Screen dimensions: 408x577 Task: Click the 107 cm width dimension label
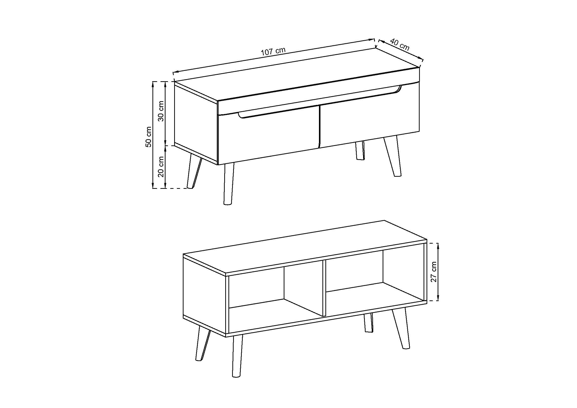click(273, 51)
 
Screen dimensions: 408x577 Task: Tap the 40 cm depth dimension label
click(400, 44)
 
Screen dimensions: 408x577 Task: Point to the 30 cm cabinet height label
click(161, 111)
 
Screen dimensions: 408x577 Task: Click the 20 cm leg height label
click(161, 166)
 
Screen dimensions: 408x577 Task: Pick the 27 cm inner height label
click(434, 272)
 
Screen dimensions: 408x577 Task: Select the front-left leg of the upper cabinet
click(228, 183)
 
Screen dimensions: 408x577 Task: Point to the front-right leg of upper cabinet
click(392, 156)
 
